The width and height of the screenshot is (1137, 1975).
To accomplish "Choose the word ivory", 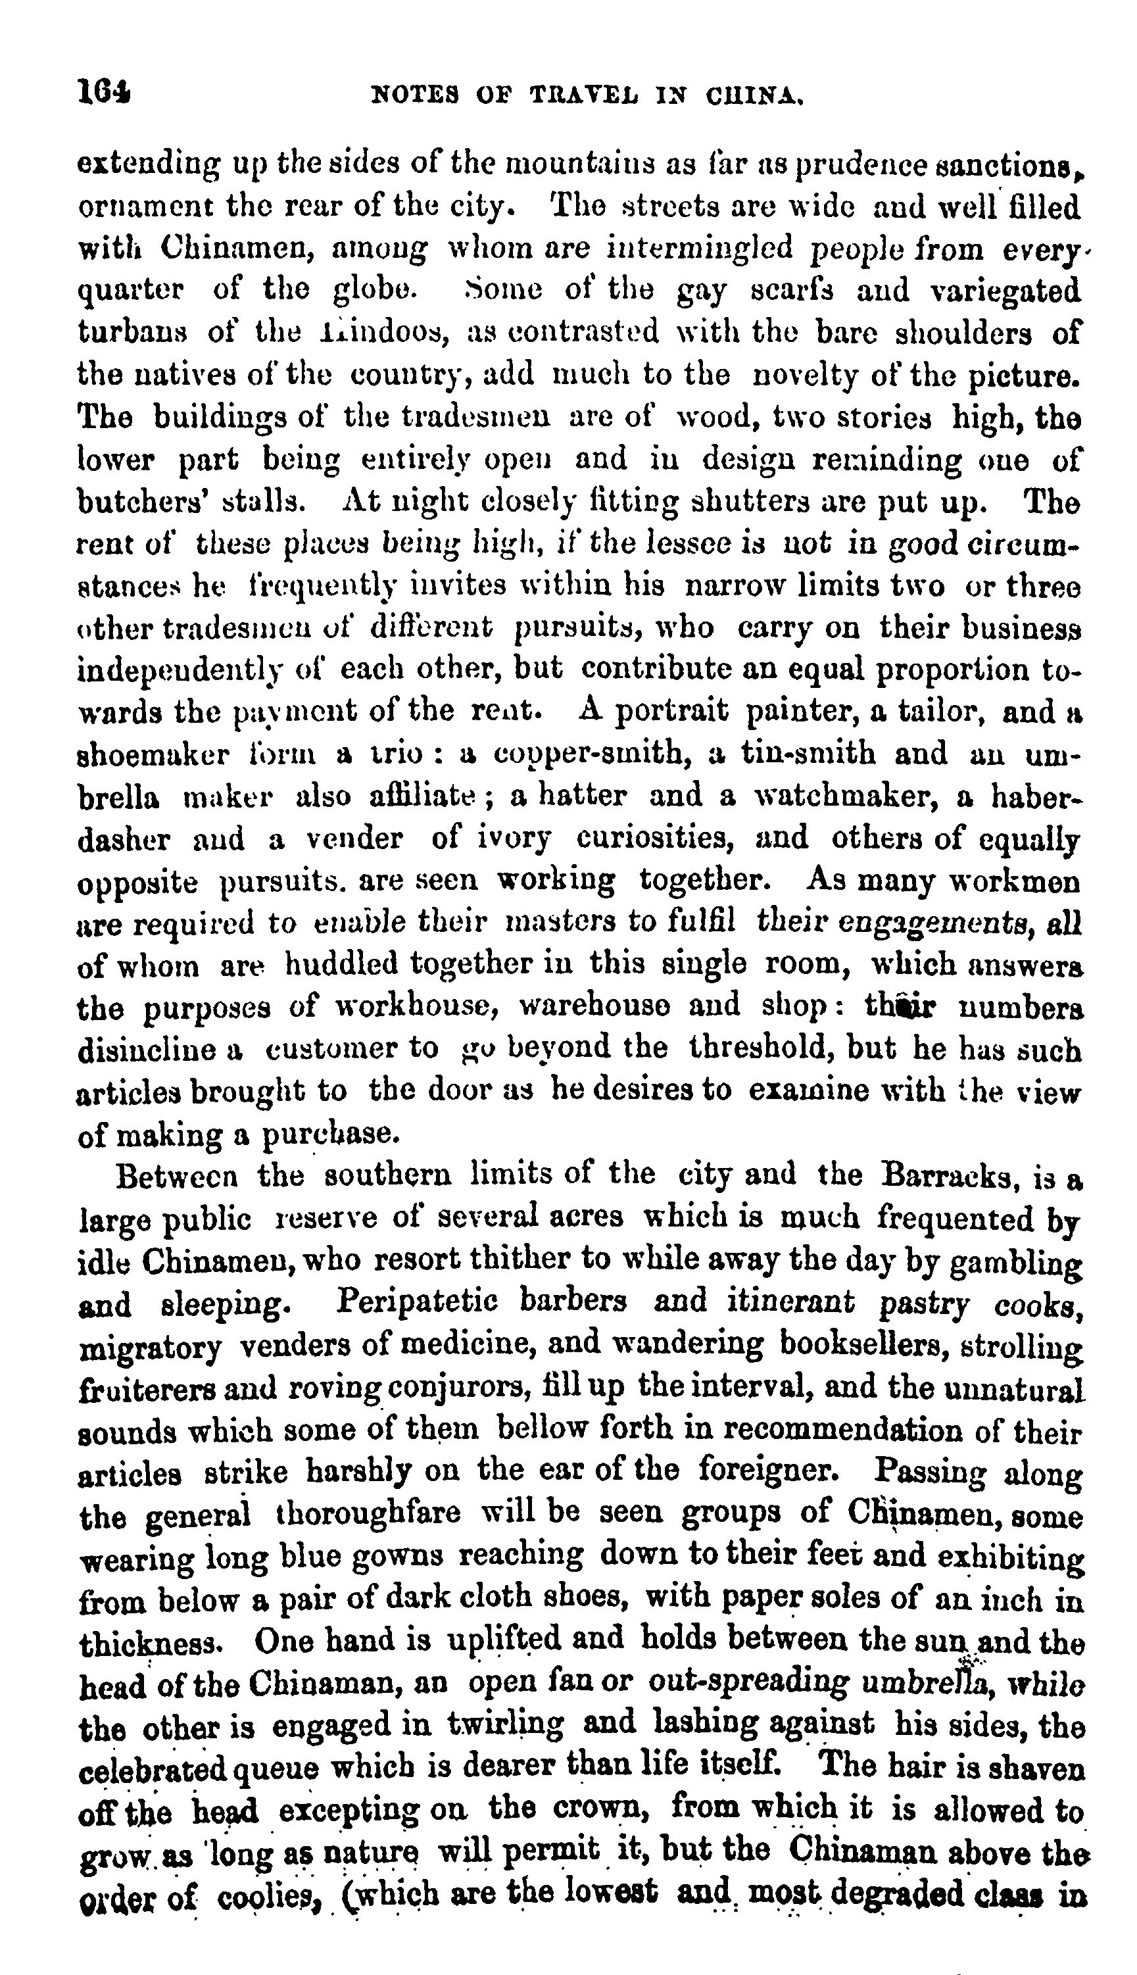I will (514, 839).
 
